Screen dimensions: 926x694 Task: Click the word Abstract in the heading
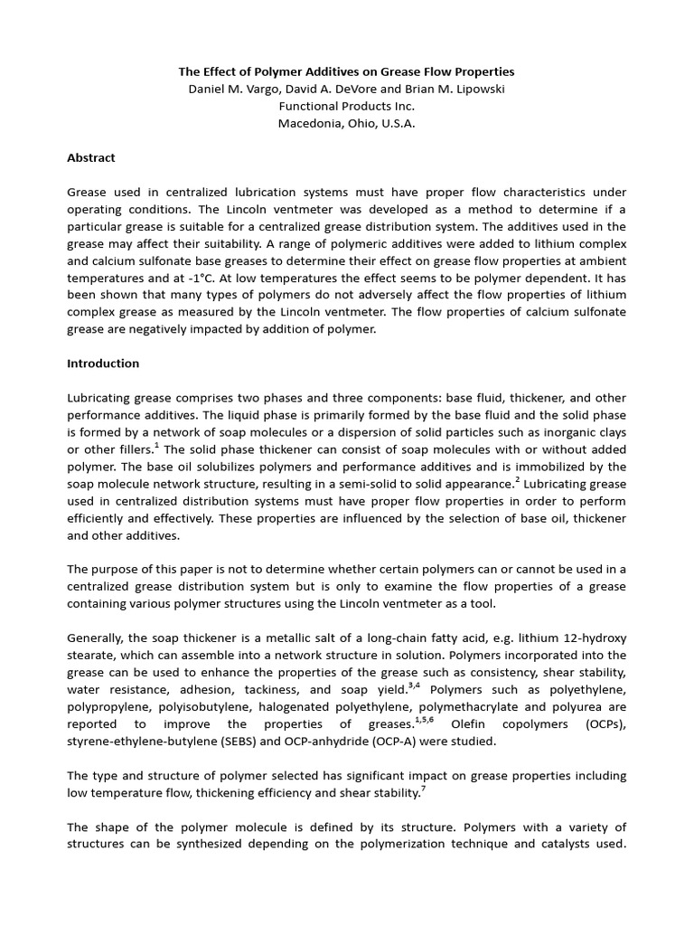[91, 157]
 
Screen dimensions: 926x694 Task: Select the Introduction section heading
[103, 364]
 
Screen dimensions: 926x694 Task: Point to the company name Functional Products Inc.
[346, 106]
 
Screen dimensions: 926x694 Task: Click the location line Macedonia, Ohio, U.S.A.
[346, 124]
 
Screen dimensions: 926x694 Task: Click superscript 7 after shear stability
[424, 789]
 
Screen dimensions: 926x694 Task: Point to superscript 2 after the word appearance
[518, 480]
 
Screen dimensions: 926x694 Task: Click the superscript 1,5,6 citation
[425, 721]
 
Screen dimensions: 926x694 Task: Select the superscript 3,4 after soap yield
[415, 686]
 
